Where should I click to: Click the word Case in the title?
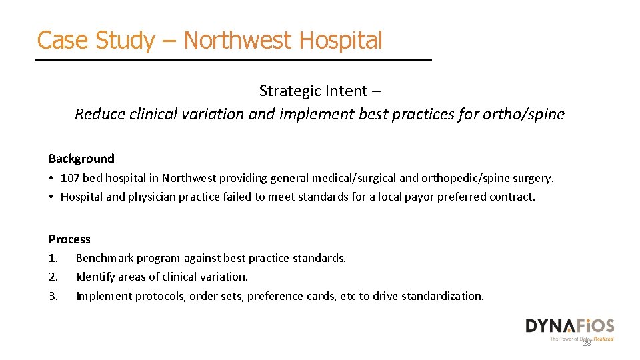pos(63,40)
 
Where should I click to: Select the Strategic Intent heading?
pos(319,91)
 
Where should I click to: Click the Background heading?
pos(81,159)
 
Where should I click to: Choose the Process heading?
pos(69,239)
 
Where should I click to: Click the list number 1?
pos(53,258)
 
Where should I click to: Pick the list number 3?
pos(53,296)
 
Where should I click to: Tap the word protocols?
pos(160,296)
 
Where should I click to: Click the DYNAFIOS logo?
pos(569,327)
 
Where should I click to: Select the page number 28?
pos(587,343)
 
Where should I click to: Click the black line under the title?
pos(233,60)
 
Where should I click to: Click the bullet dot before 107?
pos(51,178)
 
